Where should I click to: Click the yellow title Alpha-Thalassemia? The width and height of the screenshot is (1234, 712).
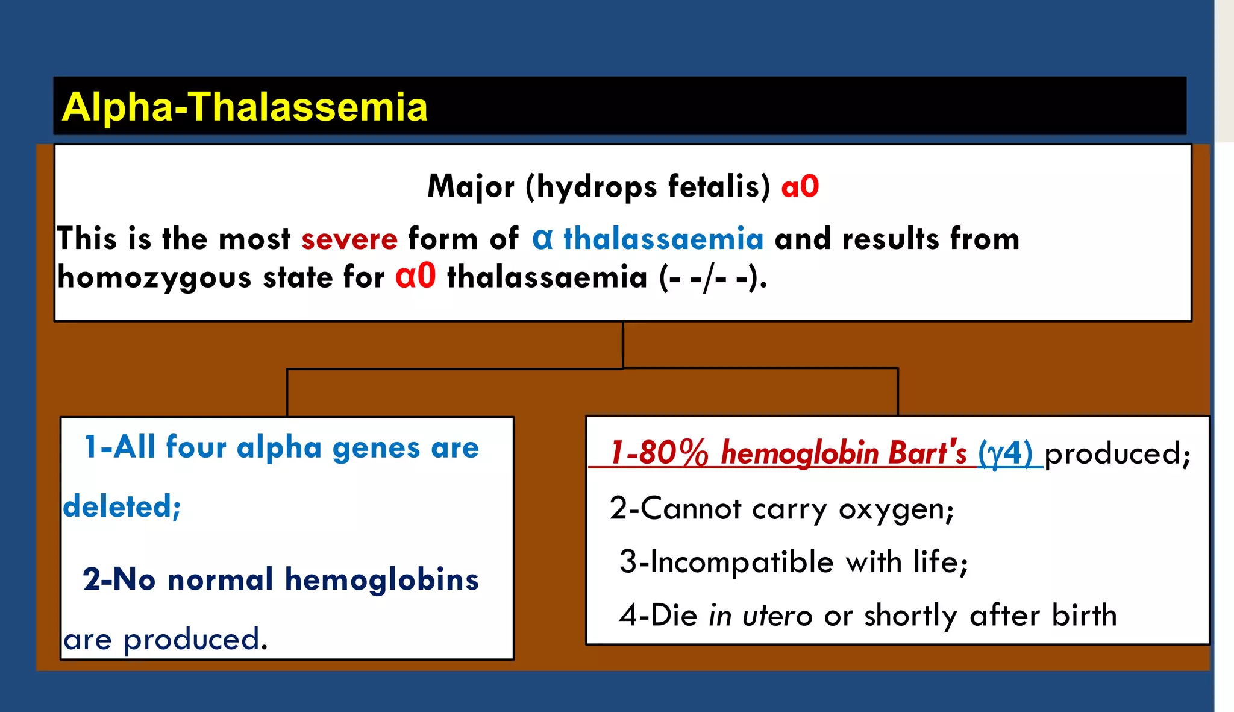(x=245, y=107)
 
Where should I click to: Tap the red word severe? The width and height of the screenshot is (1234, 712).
(x=349, y=239)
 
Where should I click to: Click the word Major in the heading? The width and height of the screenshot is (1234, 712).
(x=471, y=186)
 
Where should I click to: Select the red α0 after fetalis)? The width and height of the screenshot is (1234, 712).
(x=800, y=186)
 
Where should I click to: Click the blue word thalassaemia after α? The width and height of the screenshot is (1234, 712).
(x=663, y=239)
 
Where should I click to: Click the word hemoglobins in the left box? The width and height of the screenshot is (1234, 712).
(x=381, y=579)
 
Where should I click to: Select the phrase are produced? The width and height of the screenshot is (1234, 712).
(x=165, y=639)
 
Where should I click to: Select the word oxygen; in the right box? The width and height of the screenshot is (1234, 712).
(x=896, y=509)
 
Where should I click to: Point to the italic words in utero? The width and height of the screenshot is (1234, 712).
(x=760, y=616)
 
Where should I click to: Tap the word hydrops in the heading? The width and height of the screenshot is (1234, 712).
(x=596, y=186)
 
